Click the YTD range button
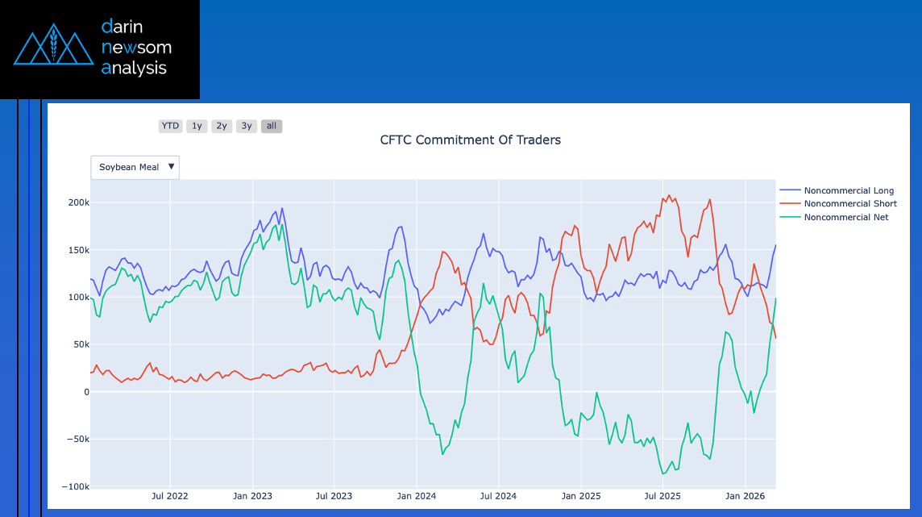click(170, 126)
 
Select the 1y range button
click(197, 126)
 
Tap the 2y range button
click(222, 126)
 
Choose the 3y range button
click(247, 126)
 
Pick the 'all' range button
click(272, 126)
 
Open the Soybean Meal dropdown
click(135, 167)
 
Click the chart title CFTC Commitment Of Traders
click(470, 140)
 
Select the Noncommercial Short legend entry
click(850, 203)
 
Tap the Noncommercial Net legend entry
click(846, 217)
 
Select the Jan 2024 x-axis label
click(417, 496)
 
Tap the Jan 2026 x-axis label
click(745, 496)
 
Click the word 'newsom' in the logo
click(136, 47)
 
